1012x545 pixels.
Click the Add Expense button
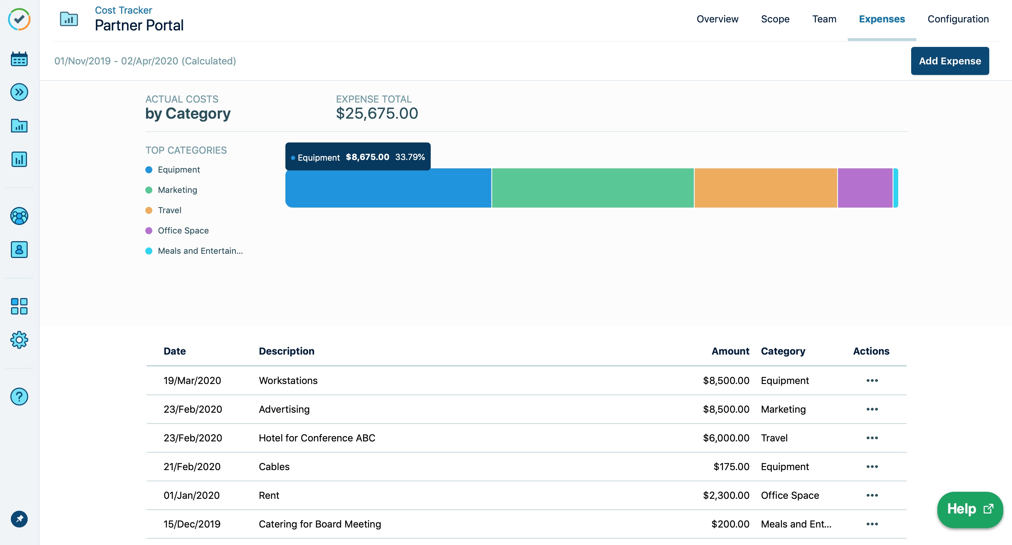950,61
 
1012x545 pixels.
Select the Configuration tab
958,19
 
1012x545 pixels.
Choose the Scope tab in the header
775,19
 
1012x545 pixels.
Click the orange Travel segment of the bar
765,188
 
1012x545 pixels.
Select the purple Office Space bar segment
865,188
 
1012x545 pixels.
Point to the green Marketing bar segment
592,188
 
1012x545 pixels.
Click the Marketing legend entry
177,190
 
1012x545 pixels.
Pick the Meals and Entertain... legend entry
200,251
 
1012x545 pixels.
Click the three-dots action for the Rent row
872,495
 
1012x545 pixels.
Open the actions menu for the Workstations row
872,380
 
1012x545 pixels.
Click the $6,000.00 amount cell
726,438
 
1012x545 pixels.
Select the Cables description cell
274,467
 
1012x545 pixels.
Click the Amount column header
730,351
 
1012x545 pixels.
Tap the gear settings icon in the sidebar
19,340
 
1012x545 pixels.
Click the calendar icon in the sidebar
19,59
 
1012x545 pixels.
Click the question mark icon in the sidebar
19,397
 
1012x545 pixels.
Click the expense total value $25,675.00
377,113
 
